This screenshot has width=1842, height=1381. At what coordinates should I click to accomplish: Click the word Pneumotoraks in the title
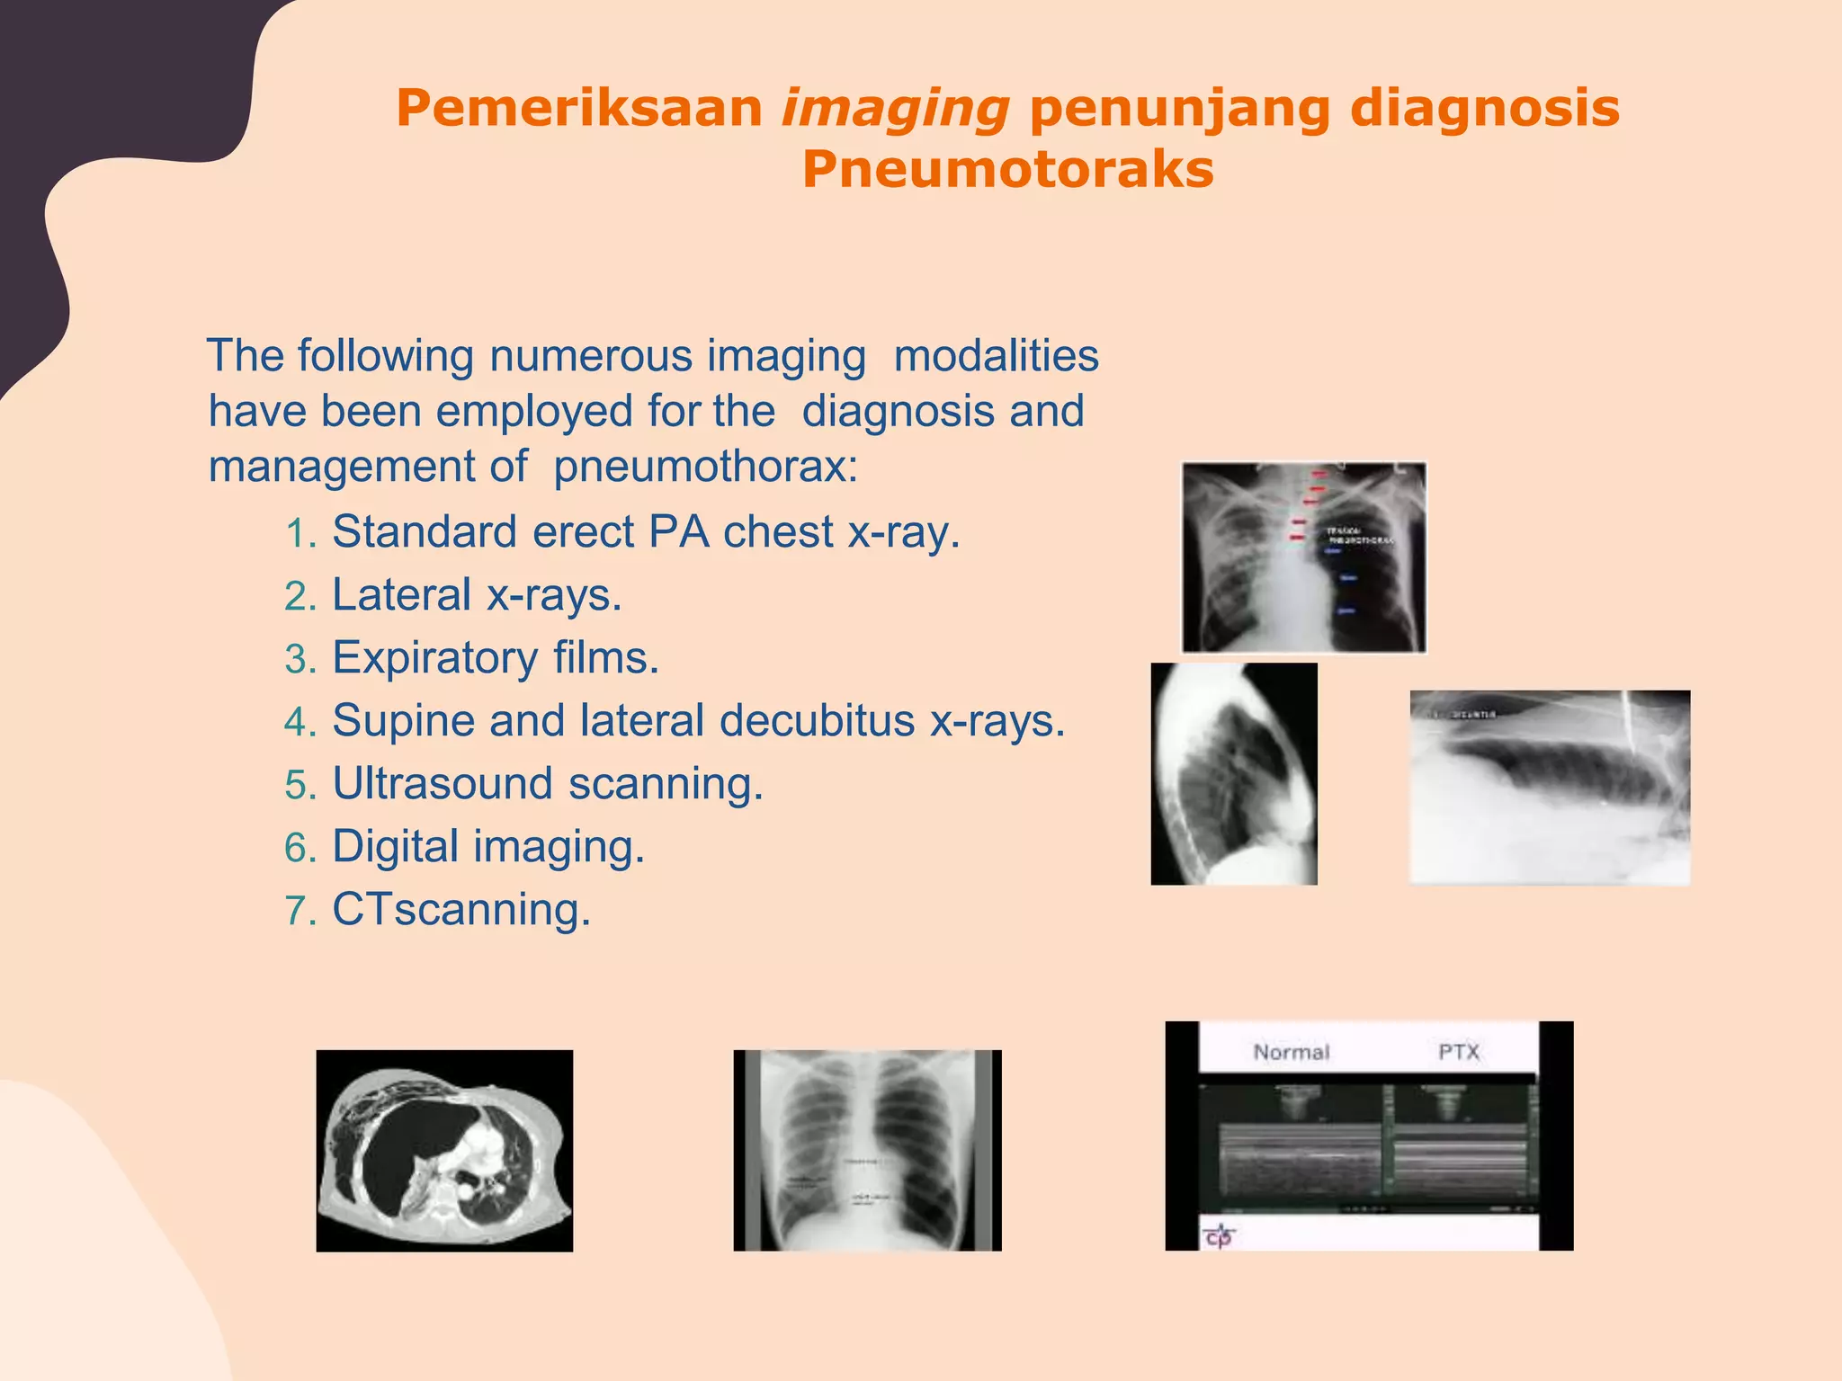(x=1007, y=170)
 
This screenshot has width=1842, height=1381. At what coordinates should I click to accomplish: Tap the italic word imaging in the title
(x=895, y=110)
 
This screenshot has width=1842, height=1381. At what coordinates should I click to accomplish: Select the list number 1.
(x=300, y=534)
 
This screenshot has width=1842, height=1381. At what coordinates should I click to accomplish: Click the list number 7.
(x=300, y=912)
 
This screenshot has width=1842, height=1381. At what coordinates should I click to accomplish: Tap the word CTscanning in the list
(x=461, y=910)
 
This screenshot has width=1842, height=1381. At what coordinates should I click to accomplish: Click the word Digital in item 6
(x=396, y=847)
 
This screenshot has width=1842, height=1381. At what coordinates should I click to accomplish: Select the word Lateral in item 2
(x=402, y=595)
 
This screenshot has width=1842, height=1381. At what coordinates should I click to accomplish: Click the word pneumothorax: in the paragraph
(x=706, y=467)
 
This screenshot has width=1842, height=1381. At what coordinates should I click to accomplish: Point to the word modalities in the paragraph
(x=996, y=356)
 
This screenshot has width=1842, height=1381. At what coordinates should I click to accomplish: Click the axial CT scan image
(x=444, y=1151)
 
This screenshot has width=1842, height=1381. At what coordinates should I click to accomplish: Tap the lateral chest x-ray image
(x=1234, y=774)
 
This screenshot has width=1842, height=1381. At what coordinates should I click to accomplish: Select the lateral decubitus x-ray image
(x=1550, y=788)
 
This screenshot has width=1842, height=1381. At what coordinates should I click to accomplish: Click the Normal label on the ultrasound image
(x=1291, y=1052)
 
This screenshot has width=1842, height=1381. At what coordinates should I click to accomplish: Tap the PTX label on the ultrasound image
(x=1458, y=1052)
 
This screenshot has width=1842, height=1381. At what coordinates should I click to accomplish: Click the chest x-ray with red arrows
(x=1303, y=557)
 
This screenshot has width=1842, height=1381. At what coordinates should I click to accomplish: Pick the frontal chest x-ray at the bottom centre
(x=867, y=1151)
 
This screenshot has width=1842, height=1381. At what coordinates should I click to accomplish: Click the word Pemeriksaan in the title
(x=579, y=110)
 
